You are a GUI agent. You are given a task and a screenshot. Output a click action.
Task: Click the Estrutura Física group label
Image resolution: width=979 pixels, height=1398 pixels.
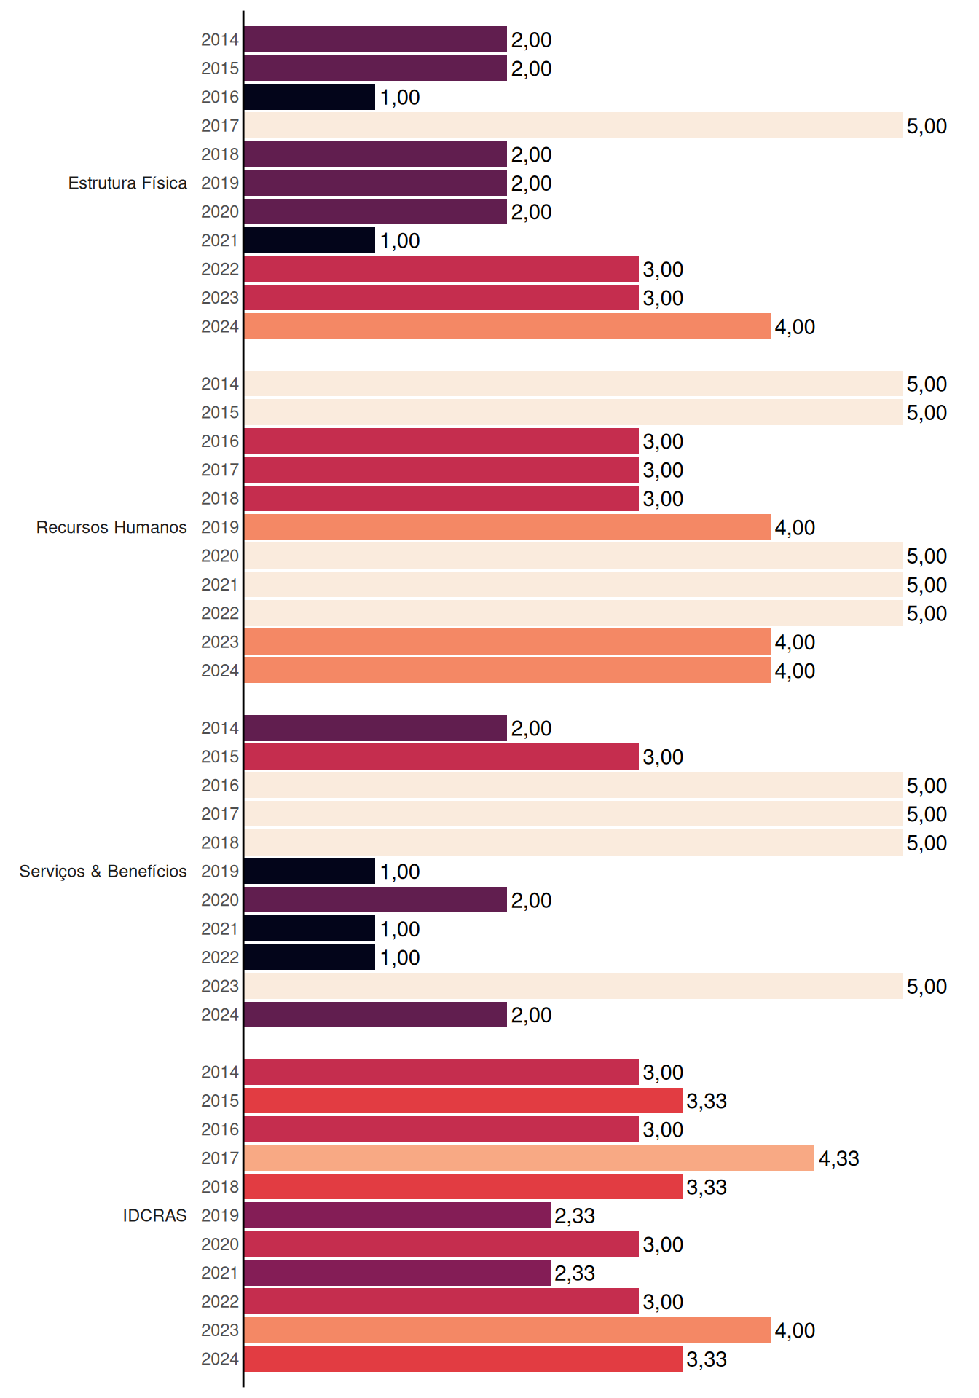(x=127, y=183)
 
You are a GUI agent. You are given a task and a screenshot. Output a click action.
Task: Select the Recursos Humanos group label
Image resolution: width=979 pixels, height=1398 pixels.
(x=111, y=527)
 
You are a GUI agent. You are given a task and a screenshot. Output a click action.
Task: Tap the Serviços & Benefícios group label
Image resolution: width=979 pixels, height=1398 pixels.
(x=103, y=872)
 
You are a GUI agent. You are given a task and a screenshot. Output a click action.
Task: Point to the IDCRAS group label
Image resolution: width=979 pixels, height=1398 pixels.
(x=154, y=1215)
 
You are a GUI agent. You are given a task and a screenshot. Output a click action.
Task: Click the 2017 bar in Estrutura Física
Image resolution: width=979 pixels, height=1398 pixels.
(x=573, y=125)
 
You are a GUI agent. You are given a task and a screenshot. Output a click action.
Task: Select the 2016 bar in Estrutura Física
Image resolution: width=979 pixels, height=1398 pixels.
(x=310, y=97)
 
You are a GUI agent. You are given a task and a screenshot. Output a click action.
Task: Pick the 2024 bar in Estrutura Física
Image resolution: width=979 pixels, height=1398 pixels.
(x=507, y=326)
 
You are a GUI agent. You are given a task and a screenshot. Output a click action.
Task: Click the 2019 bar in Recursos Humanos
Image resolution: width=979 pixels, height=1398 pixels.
(x=507, y=527)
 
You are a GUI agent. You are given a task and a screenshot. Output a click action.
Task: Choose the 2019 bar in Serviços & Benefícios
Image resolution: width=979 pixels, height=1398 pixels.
(x=310, y=872)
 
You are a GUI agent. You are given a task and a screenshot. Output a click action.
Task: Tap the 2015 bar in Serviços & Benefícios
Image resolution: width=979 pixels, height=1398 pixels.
(x=441, y=757)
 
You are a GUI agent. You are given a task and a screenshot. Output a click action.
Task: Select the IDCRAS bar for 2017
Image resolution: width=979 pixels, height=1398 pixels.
(x=529, y=1158)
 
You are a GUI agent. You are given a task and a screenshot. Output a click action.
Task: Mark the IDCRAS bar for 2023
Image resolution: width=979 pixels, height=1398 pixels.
(x=507, y=1330)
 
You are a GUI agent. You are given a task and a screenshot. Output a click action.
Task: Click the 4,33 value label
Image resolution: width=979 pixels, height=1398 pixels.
(x=839, y=1158)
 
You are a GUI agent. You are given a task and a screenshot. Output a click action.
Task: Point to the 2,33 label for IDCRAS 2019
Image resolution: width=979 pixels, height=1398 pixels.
(x=575, y=1216)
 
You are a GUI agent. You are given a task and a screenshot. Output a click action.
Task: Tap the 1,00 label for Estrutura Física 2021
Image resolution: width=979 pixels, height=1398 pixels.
(x=400, y=241)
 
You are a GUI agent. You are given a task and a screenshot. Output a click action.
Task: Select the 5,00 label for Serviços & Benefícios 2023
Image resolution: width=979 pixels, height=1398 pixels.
(x=927, y=987)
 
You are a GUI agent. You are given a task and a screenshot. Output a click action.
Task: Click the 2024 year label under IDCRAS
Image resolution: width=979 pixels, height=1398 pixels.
(x=220, y=1359)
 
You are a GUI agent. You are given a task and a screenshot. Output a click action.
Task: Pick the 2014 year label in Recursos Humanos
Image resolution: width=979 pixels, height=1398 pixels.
(x=220, y=384)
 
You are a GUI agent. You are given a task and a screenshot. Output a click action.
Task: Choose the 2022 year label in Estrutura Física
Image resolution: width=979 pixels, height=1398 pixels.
(x=220, y=269)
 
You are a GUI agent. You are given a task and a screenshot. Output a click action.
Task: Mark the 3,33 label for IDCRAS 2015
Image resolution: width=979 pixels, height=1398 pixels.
(x=707, y=1101)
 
